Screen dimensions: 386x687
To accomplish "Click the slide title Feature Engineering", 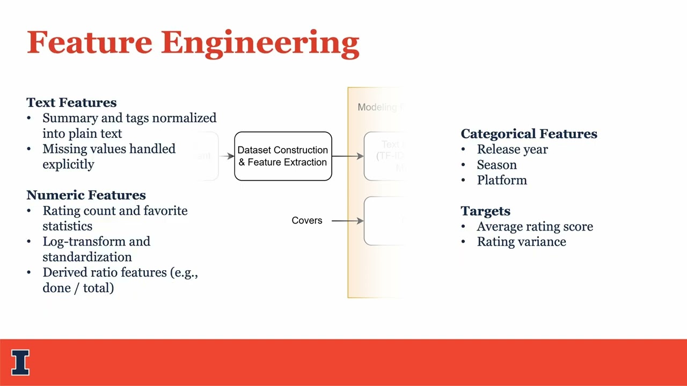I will coord(193,43).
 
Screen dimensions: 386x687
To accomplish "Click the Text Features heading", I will coord(71,102).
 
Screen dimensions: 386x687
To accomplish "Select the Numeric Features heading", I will coord(86,195).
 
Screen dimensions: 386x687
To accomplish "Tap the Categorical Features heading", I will coord(529,134).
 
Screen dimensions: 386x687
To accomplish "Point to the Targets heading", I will coord(485,211).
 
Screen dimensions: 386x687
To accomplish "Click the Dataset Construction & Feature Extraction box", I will coord(283,156).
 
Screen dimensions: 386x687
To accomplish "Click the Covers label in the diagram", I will coord(306,220).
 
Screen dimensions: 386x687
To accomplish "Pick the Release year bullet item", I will coord(512,150).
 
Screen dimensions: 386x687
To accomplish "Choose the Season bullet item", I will coord(496,165).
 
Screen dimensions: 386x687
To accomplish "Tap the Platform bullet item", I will coord(502,181).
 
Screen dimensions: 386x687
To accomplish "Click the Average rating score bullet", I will coord(535,227).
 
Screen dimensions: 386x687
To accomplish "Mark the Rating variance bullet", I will coord(521,242).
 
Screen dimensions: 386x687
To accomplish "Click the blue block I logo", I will coord(20,362).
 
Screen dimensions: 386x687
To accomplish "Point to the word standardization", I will coord(87,257).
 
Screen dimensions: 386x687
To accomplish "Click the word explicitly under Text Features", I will coord(68,165).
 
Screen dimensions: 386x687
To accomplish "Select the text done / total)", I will coord(78,288).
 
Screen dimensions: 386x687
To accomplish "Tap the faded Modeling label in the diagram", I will coord(377,107).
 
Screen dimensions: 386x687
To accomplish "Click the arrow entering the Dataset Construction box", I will coord(226,156).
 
